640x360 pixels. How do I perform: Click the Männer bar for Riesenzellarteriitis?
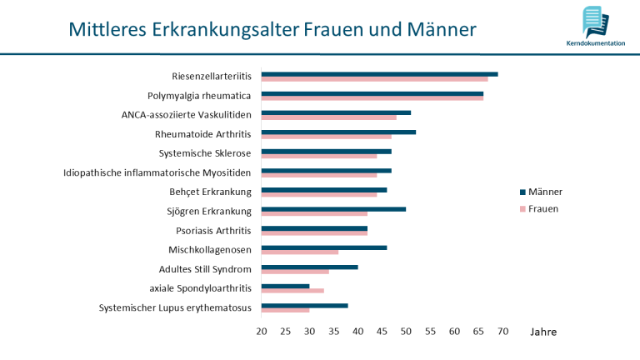pos(379,74)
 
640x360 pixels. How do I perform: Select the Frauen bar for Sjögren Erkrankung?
pos(314,213)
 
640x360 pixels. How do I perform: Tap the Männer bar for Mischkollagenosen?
pos(324,247)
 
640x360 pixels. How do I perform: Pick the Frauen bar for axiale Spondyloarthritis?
pos(292,290)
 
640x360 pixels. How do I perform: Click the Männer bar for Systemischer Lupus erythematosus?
pos(304,305)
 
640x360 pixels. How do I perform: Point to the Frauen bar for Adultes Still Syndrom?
pos(295,271)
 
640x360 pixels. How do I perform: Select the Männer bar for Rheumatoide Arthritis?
pos(338,132)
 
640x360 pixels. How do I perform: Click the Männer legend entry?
pos(545,192)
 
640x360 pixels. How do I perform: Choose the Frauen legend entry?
pos(543,208)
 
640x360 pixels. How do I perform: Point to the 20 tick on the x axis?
pos(262,332)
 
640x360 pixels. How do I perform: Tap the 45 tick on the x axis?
pos(382,332)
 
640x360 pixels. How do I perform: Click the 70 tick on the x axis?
pos(502,332)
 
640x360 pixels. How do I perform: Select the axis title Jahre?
pos(542,332)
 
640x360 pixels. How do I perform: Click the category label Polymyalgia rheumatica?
pos(199,96)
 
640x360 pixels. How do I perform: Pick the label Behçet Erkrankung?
pos(210,192)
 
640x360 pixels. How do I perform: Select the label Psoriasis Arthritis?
pos(213,230)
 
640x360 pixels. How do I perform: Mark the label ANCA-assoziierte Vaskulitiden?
pos(186,115)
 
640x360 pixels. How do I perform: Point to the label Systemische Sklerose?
pos(205,153)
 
